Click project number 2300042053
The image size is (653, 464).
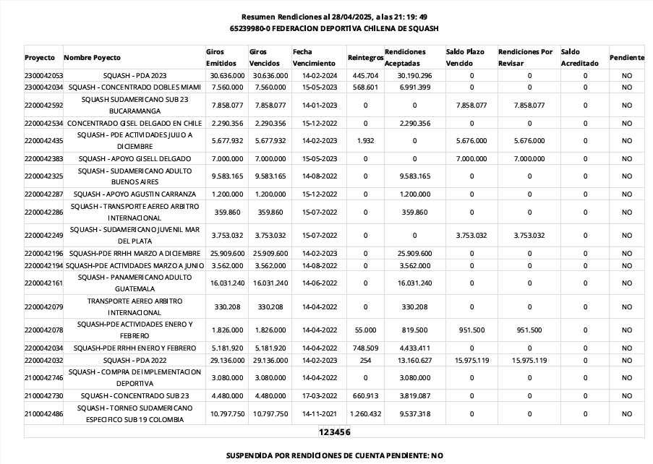pyautogui.click(x=43, y=75)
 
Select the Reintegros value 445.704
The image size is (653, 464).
pyautogui.click(x=365, y=75)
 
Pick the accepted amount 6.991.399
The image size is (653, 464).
pyautogui.click(x=414, y=87)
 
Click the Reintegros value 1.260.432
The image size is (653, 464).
pyautogui.click(x=364, y=414)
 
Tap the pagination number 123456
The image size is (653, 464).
pyautogui.click(x=335, y=432)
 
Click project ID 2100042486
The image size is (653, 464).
pyautogui.click(x=43, y=414)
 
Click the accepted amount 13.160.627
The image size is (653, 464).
pyautogui.click(x=414, y=360)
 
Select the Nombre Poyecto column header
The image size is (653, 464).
pyautogui.click(x=93, y=57)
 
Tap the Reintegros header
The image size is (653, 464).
pyautogui.click(x=364, y=57)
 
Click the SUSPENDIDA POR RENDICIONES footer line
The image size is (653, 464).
pyautogui.click(x=334, y=456)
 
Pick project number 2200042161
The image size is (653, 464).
pyautogui.click(x=43, y=283)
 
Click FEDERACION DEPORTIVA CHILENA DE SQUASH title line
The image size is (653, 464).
pyautogui.click(x=334, y=28)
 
